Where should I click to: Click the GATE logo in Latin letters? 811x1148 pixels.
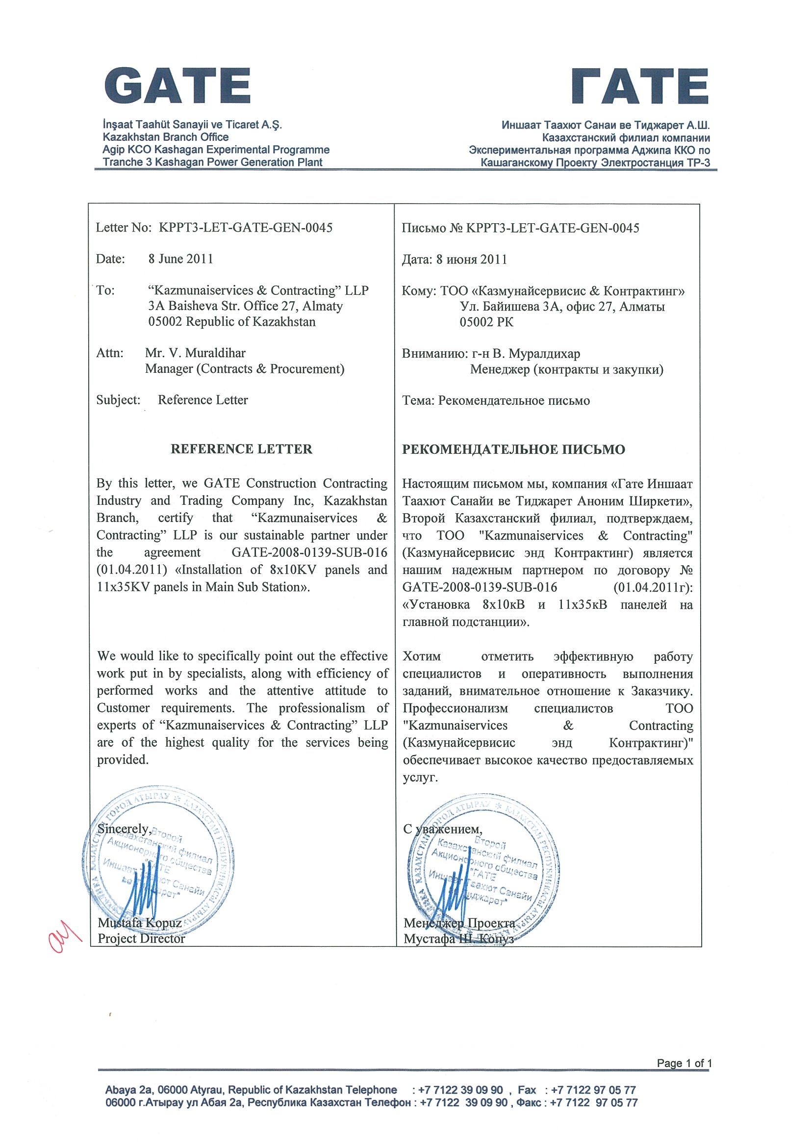click(177, 85)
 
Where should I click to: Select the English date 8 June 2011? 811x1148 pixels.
click(180, 259)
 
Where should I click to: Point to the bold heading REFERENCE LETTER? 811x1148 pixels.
click(241, 449)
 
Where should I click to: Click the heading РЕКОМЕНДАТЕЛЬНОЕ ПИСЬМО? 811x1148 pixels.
click(513, 449)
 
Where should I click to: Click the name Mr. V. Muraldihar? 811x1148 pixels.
click(195, 354)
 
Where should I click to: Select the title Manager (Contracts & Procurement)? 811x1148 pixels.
click(245, 369)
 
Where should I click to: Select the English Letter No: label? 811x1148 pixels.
click(124, 228)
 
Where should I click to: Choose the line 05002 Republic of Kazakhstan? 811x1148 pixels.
click(232, 321)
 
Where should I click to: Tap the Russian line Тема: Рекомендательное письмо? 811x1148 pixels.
click(496, 400)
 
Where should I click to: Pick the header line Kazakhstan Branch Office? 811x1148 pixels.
click(165, 137)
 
